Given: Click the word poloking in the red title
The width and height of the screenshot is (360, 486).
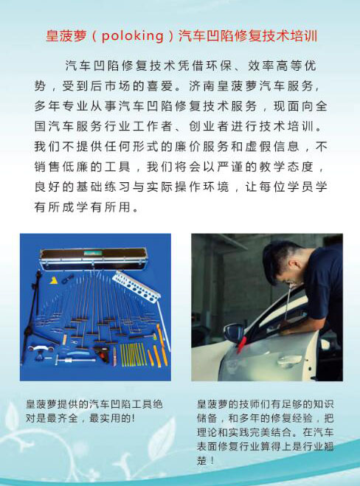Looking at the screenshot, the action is [133, 35].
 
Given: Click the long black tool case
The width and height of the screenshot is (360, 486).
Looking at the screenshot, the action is [94, 258].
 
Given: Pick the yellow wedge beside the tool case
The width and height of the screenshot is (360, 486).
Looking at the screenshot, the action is [54, 280].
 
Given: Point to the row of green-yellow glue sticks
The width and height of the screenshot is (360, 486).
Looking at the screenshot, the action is [133, 355].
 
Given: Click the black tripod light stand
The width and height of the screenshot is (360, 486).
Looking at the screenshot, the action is [35, 316].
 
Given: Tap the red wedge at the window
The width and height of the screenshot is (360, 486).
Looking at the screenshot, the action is [241, 344].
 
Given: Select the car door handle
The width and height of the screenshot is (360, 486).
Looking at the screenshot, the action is [288, 360].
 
